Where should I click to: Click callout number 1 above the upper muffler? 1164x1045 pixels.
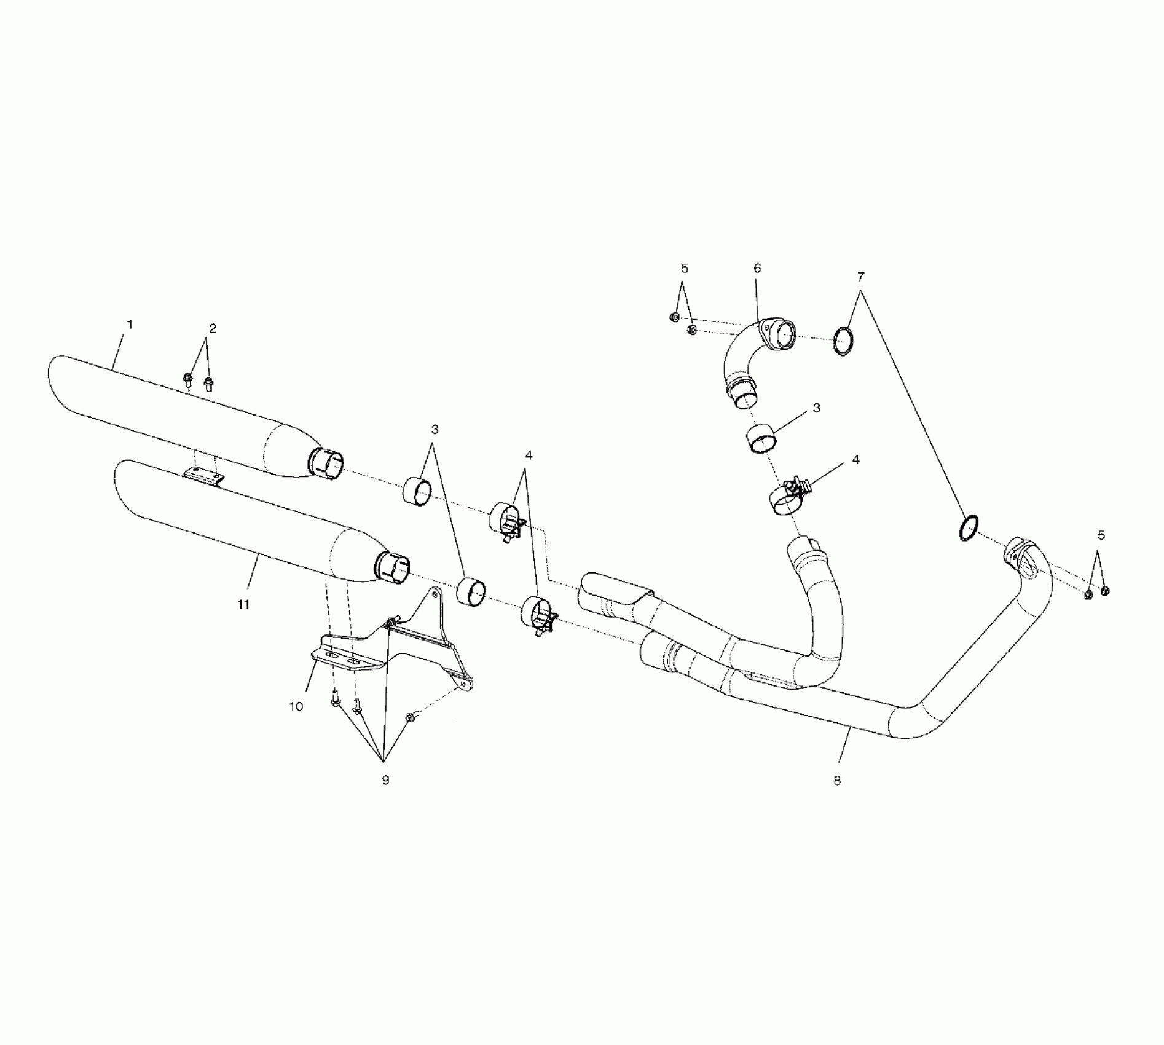coord(129,324)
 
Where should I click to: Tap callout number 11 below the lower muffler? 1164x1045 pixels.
coord(244,604)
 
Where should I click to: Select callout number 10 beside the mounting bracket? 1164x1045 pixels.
coord(296,707)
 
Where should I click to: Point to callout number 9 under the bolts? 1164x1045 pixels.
coord(385,780)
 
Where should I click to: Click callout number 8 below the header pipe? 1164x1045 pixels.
coord(837,781)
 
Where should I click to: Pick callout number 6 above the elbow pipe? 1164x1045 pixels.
coord(757,268)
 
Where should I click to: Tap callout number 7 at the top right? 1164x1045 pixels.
coord(860,276)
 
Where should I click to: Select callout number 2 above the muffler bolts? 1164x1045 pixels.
coord(213,328)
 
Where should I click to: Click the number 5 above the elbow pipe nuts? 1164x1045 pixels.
coord(685,268)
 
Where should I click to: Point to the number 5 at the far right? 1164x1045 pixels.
coord(1101,535)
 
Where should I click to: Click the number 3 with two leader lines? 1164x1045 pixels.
coord(435,429)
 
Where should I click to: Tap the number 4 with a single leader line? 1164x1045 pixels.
coord(856,460)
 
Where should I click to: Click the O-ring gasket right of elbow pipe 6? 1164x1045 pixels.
coord(844,342)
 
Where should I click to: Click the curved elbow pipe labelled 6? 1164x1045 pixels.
coord(744,363)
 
